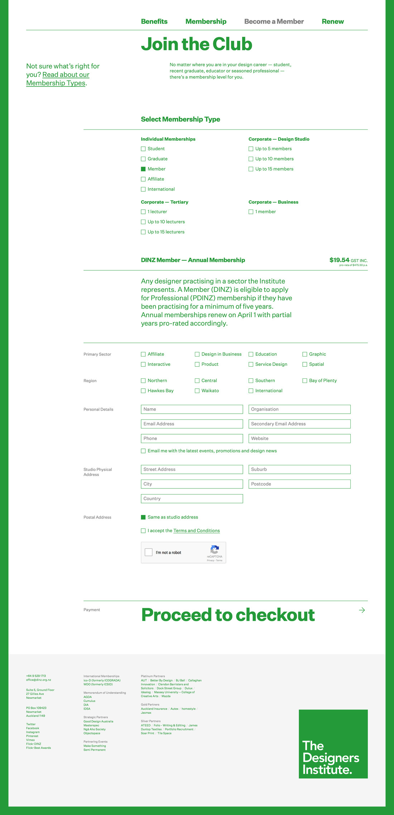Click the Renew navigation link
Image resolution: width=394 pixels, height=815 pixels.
point(332,21)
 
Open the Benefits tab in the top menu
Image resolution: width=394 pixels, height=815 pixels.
point(154,21)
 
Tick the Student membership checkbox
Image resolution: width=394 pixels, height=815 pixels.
point(143,149)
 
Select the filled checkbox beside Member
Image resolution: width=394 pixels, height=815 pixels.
point(143,169)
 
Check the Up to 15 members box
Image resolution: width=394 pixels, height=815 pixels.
point(251,169)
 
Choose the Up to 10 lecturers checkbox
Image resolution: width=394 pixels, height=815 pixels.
point(143,222)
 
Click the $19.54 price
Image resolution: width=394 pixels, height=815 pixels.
point(339,260)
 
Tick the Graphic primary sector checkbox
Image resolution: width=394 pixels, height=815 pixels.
point(305,354)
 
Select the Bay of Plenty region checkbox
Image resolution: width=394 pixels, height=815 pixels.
point(305,381)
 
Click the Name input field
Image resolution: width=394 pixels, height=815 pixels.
point(192,409)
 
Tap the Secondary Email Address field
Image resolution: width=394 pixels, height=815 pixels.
point(299,424)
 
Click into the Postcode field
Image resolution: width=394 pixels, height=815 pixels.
point(299,484)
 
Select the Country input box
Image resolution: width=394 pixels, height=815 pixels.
point(192,499)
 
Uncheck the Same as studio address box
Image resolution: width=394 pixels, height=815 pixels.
point(143,517)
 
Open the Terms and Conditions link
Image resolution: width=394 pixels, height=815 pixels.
point(196,531)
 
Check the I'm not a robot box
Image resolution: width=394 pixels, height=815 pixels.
point(149,553)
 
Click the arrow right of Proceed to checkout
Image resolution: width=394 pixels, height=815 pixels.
point(362,610)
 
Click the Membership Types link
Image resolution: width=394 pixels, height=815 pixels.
point(56,83)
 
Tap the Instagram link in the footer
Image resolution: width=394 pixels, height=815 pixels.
point(33,732)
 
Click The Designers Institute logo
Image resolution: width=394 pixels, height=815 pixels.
point(333,744)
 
